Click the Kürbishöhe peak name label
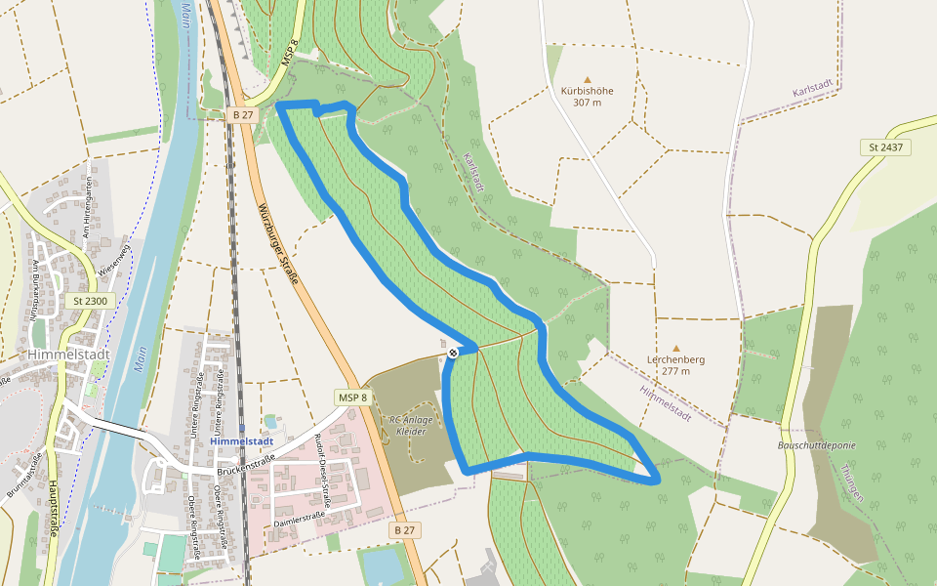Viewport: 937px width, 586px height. (587, 91)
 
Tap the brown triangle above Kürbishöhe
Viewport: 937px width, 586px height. (588, 79)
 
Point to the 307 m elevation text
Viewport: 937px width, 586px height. (587, 103)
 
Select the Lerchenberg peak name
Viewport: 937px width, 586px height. (675, 359)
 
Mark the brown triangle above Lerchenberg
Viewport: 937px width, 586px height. (675, 347)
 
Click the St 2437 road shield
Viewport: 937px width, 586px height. (884, 147)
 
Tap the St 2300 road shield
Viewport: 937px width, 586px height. (92, 301)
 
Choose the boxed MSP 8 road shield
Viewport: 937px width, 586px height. (352, 398)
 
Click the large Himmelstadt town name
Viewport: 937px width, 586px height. (60, 354)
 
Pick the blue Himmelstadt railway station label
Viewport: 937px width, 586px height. (241, 441)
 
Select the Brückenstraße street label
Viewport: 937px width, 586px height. (243, 470)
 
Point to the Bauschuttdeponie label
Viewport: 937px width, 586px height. (817, 445)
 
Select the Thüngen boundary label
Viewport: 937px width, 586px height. (851, 481)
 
